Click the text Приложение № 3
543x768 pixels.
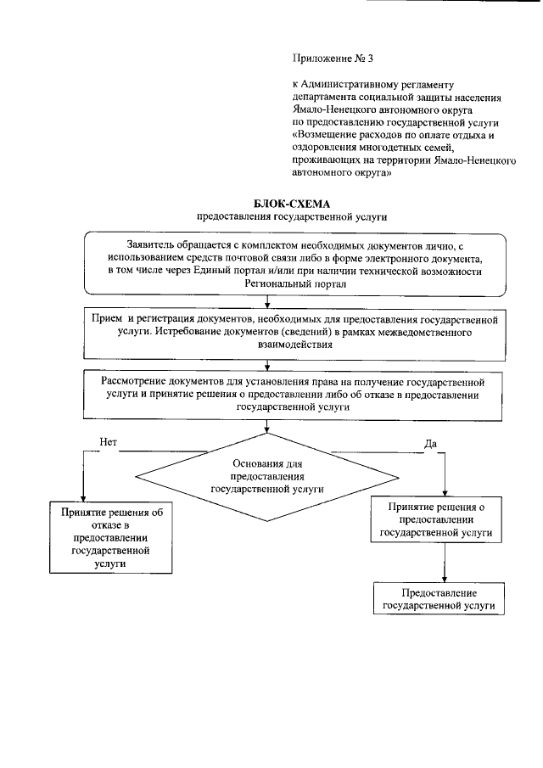coord(332,59)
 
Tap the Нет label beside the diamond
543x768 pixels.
coord(108,442)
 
